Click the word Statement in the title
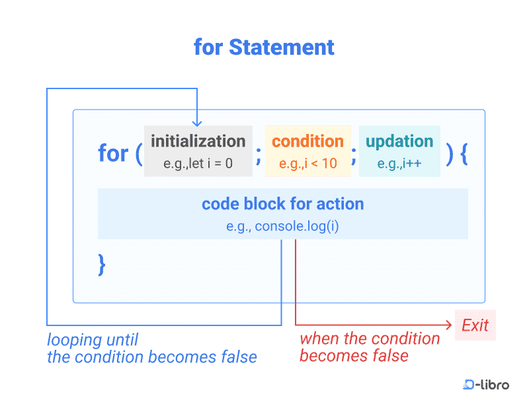(x=282, y=47)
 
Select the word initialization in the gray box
(x=198, y=141)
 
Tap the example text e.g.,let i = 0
(x=198, y=163)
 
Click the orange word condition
(x=307, y=141)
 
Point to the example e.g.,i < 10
(x=307, y=163)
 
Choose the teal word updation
(x=399, y=142)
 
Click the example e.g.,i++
(x=399, y=163)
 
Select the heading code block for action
(x=283, y=204)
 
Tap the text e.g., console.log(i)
(x=282, y=226)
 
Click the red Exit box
(x=475, y=325)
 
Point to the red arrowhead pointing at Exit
(x=449, y=325)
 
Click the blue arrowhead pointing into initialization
(x=197, y=123)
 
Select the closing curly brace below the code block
(x=102, y=265)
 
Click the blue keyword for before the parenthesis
(x=113, y=153)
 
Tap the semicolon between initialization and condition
(x=259, y=156)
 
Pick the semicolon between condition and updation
(x=354, y=156)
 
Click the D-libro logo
(x=486, y=384)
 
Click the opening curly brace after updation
(x=464, y=154)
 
